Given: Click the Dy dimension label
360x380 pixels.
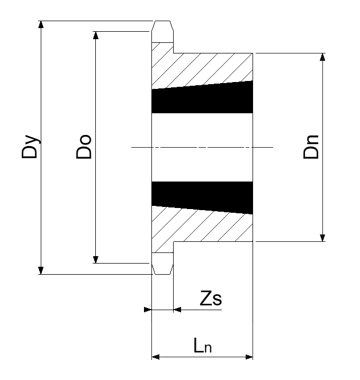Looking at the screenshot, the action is click(x=30, y=147).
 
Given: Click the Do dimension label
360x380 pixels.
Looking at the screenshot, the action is click(x=84, y=147).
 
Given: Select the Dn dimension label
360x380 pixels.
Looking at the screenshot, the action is click(x=311, y=147).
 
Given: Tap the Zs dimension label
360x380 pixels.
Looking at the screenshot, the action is click(x=211, y=298).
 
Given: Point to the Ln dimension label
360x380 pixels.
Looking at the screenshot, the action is click(x=203, y=346).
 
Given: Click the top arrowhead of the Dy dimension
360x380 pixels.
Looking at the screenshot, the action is click(x=41, y=25).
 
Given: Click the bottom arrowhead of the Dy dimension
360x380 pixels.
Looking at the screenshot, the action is click(x=41, y=270).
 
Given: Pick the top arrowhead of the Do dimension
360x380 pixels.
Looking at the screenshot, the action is click(x=96, y=35).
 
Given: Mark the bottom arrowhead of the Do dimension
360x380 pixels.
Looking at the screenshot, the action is click(x=96, y=259).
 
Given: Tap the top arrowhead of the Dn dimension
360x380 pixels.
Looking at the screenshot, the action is click(x=322, y=57).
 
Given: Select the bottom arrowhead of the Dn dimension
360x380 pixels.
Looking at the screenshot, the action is click(x=322, y=238).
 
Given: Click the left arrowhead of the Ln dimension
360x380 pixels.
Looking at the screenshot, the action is click(x=156, y=357).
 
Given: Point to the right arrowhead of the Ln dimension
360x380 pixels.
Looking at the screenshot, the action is click(x=249, y=357).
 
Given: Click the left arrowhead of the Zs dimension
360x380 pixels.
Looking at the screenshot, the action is click(x=148, y=310).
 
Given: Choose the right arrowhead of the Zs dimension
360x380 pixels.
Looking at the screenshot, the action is click(x=177, y=310).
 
